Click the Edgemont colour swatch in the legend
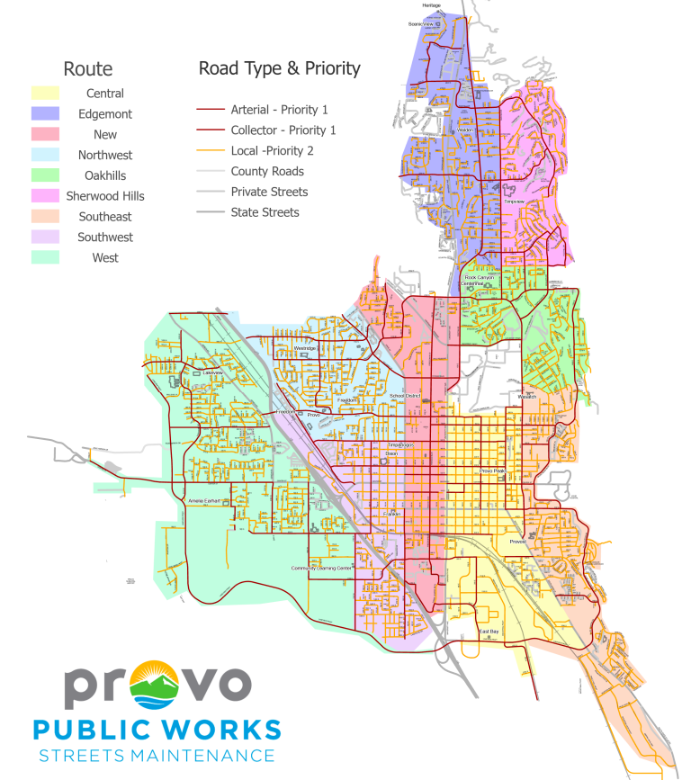pyautogui.click(x=44, y=114)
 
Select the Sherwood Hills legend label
pyautogui.click(x=105, y=196)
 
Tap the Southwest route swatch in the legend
pyautogui.click(x=44, y=238)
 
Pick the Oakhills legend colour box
pyautogui.click(x=44, y=175)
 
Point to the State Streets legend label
pyautogui.click(x=265, y=212)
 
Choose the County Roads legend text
pyautogui.click(x=267, y=171)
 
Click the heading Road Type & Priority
pyautogui.click(x=279, y=68)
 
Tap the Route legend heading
pyautogui.click(x=88, y=68)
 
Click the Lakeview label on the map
pyautogui.click(x=212, y=372)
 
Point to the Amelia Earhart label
pyautogui.click(x=205, y=500)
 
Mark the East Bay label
pyautogui.click(x=489, y=632)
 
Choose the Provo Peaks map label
pyautogui.click(x=493, y=471)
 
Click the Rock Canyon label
pyautogui.click(x=480, y=278)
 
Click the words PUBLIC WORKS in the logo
pyautogui.click(x=157, y=728)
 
